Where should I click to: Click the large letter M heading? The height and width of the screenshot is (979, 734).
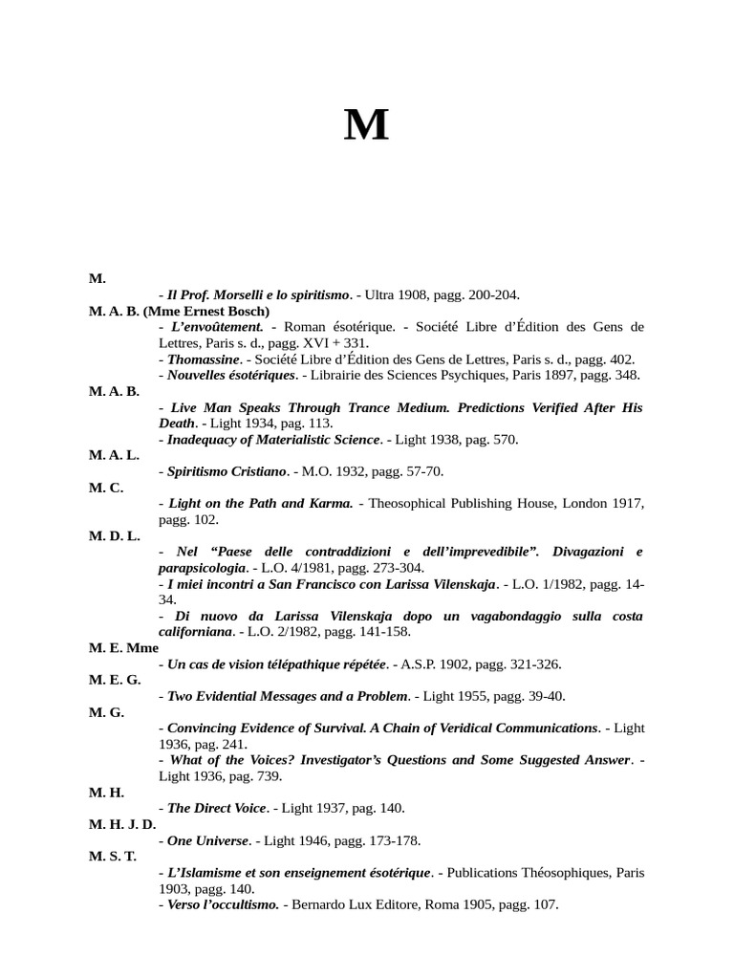point(366,125)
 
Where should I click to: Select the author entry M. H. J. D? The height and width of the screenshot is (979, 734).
point(121,824)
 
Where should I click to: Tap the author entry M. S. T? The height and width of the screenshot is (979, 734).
point(113,856)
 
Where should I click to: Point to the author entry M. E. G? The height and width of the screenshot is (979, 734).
point(115,680)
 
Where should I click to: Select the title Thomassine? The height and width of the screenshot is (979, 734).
point(204,359)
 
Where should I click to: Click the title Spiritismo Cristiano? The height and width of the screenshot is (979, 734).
point(227,471)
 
